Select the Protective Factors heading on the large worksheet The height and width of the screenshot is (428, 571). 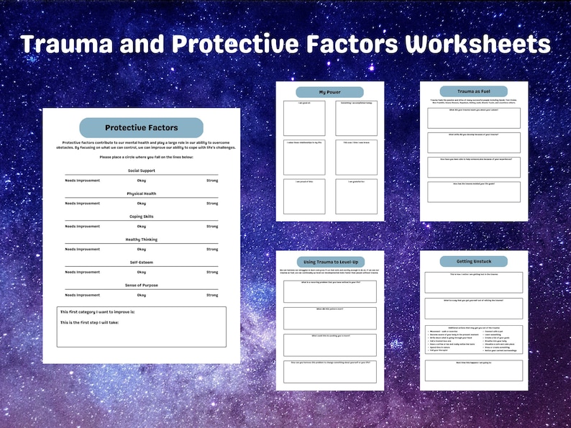click(x=141, y=127)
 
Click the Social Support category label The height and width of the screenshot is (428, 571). click(x=141, y=170)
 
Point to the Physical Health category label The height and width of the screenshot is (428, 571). click(x=141, y=193)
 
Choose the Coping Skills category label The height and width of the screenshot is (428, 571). click(x=141, y=217)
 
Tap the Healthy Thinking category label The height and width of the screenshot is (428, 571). click(x=141, y=240)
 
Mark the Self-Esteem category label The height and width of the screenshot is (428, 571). click(x=141, y=263)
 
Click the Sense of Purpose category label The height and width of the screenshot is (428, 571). click(x=141, y=286)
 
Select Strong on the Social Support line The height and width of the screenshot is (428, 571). click(x=212, y=181)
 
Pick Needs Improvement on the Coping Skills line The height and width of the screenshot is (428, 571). click(x=82, y=227)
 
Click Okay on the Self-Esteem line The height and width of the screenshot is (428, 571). click(x=141, y=273)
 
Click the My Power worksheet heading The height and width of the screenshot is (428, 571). click(x=330, y=92)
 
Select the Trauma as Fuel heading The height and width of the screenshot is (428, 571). click(x=474, y=92)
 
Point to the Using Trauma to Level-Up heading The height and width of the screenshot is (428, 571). click(x=330, y=261)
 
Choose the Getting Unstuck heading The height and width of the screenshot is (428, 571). click(x=474, y=261)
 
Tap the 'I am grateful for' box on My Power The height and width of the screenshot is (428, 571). click(x=356, y=196)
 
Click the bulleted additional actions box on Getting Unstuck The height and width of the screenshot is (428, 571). click(x=473, y=340)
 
